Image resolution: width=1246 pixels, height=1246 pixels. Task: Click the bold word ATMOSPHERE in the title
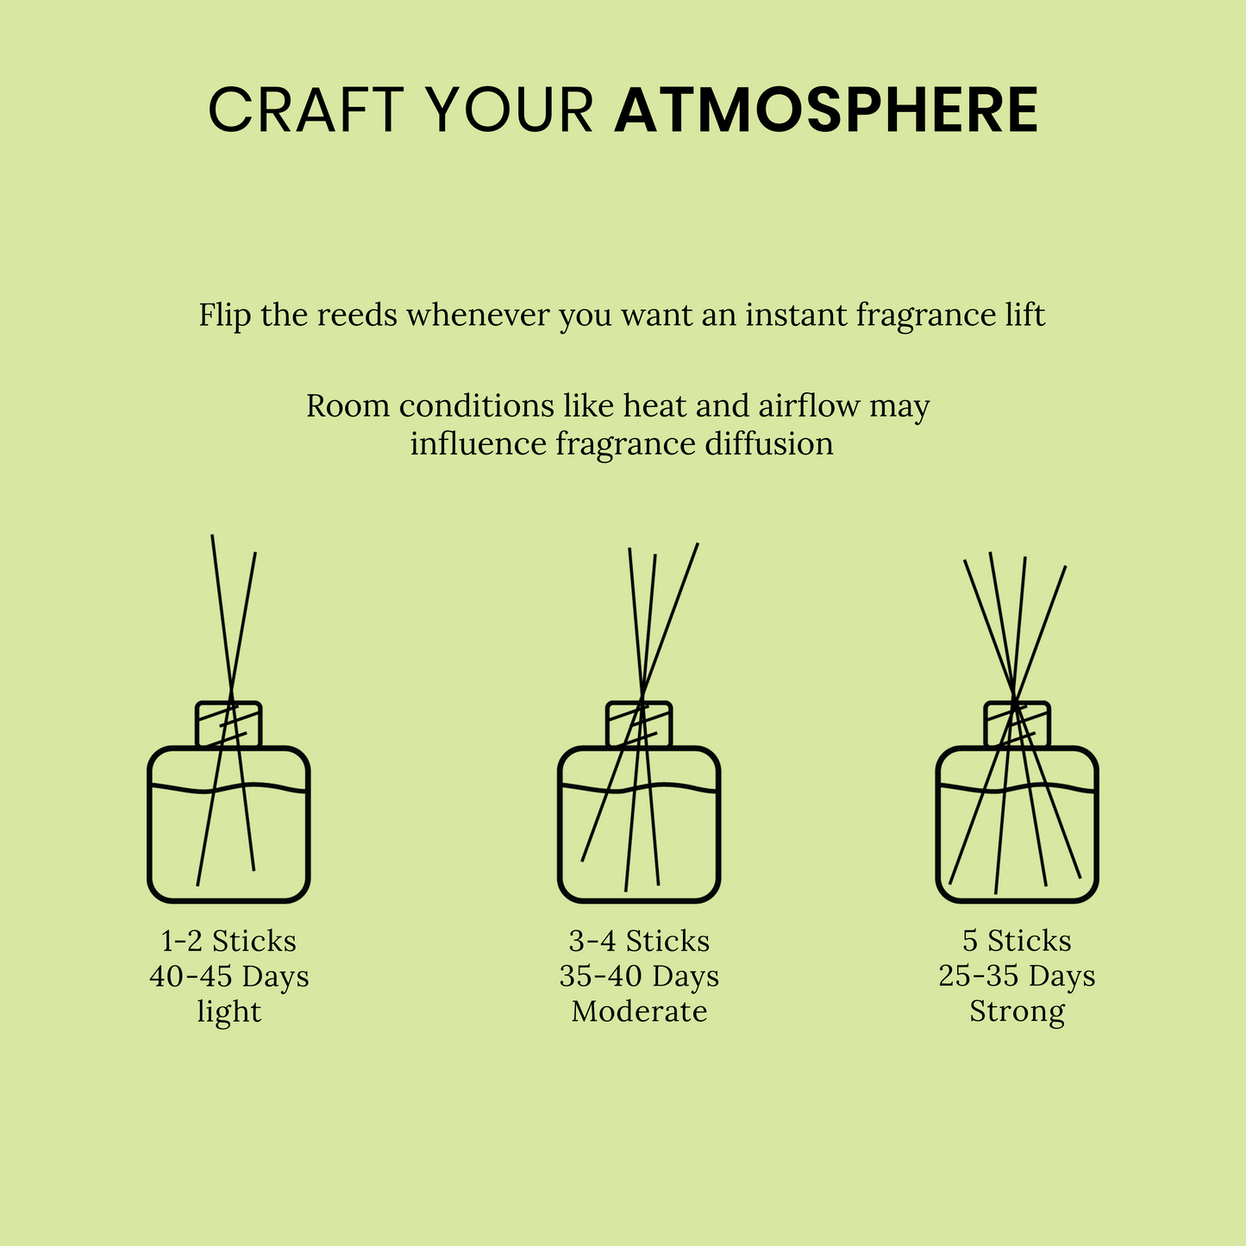pyautogui.click(x=825, y=110)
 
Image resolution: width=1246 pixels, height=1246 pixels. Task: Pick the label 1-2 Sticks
pyautogui.click(x=229, y=941)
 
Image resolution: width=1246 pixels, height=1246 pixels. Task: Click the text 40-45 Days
pyautogui.click(x=229, y=976)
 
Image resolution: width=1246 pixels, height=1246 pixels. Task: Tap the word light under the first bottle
pyautogui.click(x=229, y=1011)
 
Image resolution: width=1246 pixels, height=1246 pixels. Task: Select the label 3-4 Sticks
pyautogui.click(x=639, y=941)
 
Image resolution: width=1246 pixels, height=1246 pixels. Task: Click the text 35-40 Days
pyautogui.click(x=639, y=976)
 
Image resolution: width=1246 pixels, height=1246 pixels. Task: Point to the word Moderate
pyautogui.click(x=639, y=1011)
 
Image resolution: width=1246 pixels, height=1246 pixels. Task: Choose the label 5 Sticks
pyautogui.click(x=1017, y=941)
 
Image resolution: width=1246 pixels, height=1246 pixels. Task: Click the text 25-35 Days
pyautogui.click(x=1017, y=976)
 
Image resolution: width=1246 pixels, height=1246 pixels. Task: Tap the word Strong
pyautogui.click(x=1017, y=1011)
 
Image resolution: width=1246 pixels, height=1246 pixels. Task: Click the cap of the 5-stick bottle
pyautogui.click(x=1017, y=724)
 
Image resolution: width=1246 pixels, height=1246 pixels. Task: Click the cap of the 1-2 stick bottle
pyautogui.click(x=229, y=724)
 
